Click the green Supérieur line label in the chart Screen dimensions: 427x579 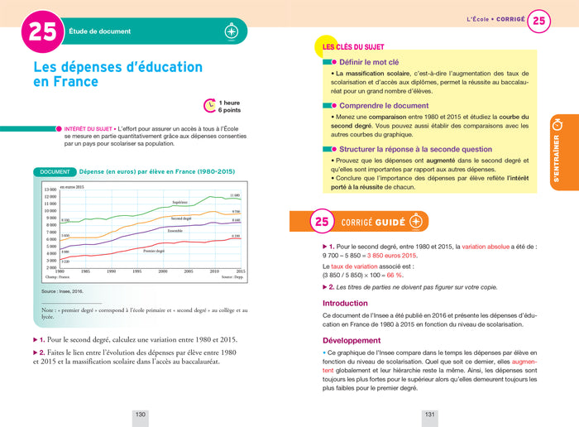[179, 203]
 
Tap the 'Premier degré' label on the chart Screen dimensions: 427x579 [154, 250]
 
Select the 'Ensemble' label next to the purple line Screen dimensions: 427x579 [175, 230]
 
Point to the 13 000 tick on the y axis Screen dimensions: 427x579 [50, 190]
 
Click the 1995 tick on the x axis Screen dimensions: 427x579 [136, 271]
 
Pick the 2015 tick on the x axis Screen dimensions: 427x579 [240, 271]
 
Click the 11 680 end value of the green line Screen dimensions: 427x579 [234, 195]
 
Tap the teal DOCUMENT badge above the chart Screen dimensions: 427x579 [55, 171]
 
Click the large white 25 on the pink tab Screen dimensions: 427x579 [41, 31]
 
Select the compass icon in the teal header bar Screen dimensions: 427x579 [232, 31]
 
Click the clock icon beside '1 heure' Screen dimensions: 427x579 [210, 105]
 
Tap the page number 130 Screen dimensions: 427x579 [141, 414]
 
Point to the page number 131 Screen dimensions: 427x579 [430, 414]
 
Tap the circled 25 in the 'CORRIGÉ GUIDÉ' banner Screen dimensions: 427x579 [322, 222]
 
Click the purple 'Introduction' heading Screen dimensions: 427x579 [345, 303]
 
